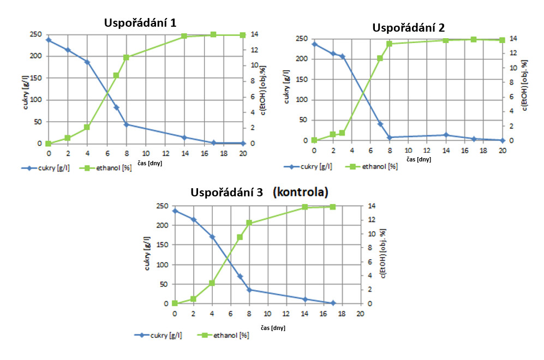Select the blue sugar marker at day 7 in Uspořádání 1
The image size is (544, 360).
116,107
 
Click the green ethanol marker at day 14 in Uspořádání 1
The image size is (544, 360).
184,36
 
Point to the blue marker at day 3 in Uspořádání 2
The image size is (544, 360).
343,56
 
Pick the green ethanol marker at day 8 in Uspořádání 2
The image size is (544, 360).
390,44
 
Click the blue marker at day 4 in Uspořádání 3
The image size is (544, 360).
212,237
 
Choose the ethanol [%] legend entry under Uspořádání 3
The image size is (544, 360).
229,335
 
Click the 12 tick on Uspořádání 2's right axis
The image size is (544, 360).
512,53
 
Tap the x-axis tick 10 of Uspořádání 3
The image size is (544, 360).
268,314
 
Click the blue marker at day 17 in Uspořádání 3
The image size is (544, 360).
333,303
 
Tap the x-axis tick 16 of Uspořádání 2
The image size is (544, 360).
465,151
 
